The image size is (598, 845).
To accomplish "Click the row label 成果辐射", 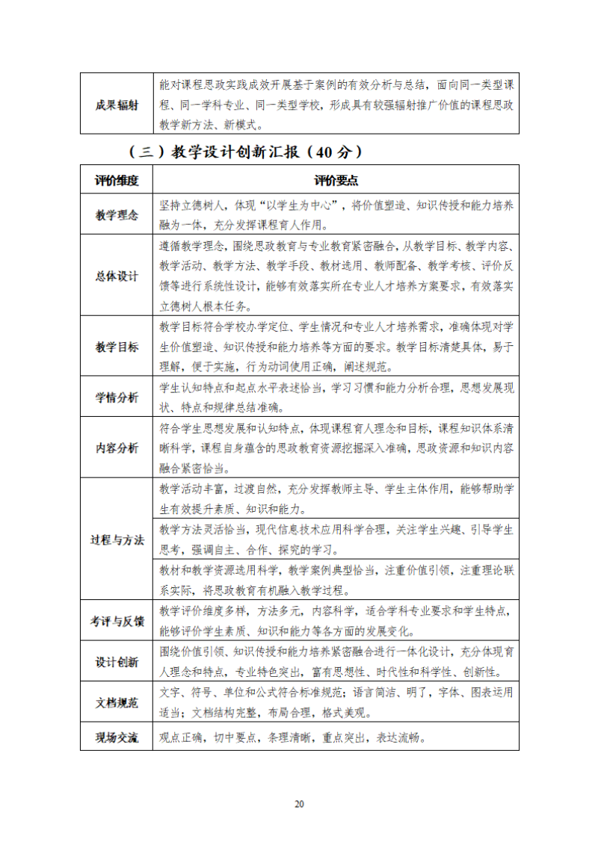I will (117, 105).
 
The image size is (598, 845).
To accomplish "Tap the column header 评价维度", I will (117, 180).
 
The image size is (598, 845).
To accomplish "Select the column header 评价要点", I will (336, 180).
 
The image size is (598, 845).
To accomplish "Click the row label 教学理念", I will (117, 215).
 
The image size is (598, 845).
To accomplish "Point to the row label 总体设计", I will (117, 276).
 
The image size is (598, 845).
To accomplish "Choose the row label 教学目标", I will (117, 347).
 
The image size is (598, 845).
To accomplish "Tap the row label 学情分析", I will (117, 397).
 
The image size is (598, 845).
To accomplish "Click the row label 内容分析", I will (117, 448).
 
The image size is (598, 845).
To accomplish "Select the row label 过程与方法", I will (117, 540).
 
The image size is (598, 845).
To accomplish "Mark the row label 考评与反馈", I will (117, 621).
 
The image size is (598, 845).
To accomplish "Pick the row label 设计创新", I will (117, 662).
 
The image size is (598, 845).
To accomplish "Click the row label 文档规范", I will (117, 702).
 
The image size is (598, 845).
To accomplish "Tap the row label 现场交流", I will (117, 737).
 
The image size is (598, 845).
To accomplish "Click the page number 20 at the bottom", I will (299, 804).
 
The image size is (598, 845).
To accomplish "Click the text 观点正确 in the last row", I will (182, 737).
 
